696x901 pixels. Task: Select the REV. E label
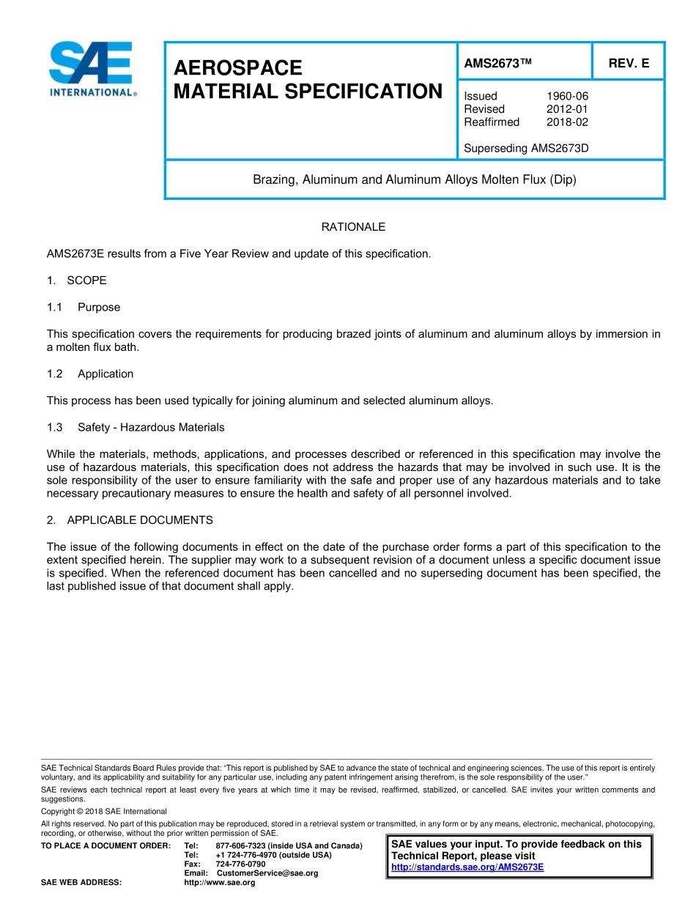click(629, 64)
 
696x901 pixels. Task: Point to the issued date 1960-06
click(567, 96)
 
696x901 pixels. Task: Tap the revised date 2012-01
click(567, 109)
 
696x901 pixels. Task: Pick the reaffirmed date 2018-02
click(567, 122)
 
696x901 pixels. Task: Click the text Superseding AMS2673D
click(526, 149)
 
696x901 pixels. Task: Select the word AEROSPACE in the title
click(237, 68)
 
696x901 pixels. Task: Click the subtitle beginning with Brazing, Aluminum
click(415, 179)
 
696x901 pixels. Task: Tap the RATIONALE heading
click(353, 227)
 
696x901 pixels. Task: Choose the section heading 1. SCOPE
click(77, 281)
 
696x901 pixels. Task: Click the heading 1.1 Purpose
click(84, 307)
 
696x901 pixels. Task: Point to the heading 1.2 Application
click(90, 374)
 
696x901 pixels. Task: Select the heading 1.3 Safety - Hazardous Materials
click(136, 427)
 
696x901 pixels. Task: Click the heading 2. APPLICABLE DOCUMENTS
click(130, 520)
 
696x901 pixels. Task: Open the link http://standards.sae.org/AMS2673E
click(467, 867)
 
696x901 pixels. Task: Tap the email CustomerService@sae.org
click(267, 873)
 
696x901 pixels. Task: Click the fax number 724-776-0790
click(240, 864)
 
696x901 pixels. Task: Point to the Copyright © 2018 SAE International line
click(104, 812)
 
